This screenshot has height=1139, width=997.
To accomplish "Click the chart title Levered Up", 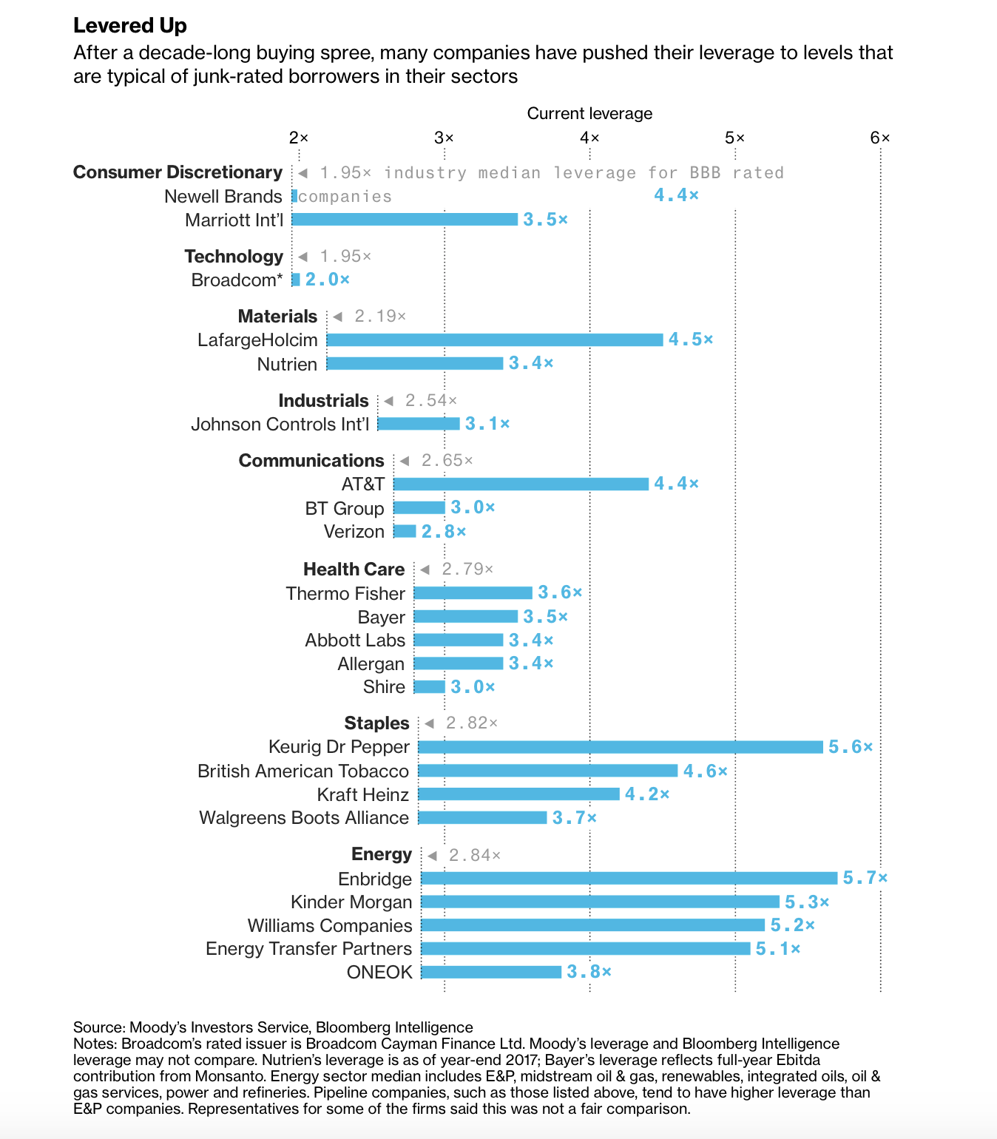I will tap(130, 26).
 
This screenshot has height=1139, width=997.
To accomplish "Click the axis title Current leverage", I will tap(589, 113).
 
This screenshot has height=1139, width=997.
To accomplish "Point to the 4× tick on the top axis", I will tap(589, 138).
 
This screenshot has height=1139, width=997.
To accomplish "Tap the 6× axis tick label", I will tap(879, 138).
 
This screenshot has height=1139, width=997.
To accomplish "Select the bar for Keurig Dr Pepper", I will tap(620, 747).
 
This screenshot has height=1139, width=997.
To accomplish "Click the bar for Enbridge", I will tap(629, 878).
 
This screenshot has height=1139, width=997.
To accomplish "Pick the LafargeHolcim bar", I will tap(494, 339).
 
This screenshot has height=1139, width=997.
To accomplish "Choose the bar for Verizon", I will tap(405, 531).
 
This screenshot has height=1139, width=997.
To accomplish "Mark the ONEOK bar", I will tap(490, 972).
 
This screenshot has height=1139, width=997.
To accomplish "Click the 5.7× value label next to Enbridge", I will tap(865, 878).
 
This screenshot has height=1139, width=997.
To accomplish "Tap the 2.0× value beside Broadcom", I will tap(327, 280).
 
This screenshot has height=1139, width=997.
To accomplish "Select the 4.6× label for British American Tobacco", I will tap(705, 771).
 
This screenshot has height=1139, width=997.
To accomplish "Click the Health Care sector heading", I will tap(354, 569).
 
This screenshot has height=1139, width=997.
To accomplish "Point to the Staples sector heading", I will tap(376, 723).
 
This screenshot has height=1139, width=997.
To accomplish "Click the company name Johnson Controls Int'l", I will tap(280, 424).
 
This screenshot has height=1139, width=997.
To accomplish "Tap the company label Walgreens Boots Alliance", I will tap(303, 817).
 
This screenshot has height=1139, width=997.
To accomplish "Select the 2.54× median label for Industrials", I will tap(430, 401).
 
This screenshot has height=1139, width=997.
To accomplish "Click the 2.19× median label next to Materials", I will tap(380, 317).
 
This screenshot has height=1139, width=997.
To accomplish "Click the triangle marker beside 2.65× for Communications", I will tap(405, 461).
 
